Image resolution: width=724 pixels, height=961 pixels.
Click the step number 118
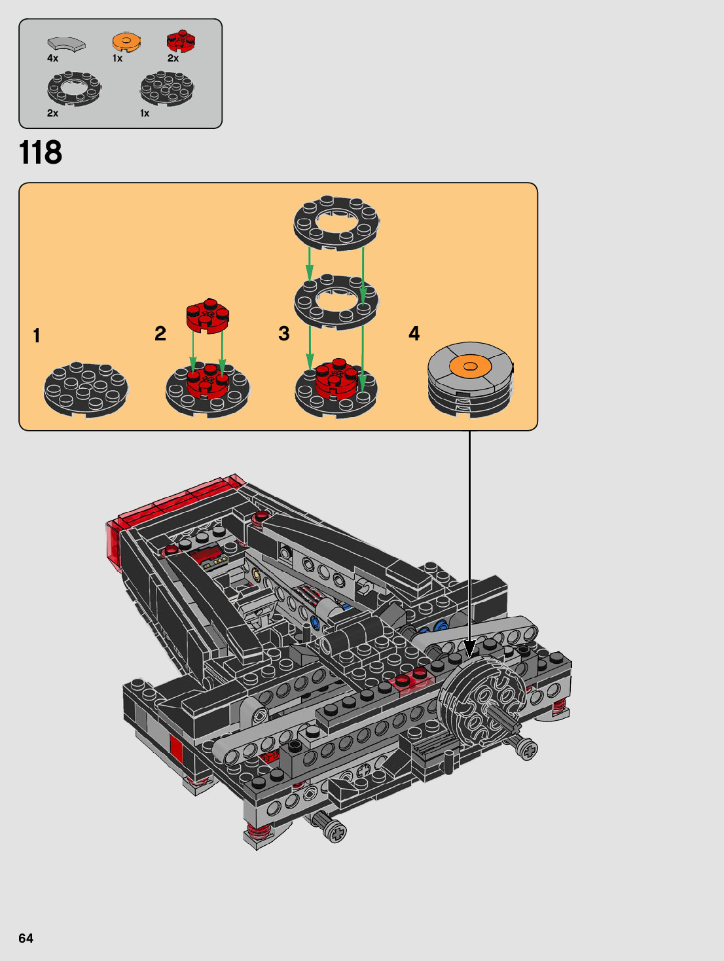[41, 153]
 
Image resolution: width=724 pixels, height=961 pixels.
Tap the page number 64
[26, 938]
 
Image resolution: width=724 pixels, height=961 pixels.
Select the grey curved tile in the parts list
[67, 45]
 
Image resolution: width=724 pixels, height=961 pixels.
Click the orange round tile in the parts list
[126, 42]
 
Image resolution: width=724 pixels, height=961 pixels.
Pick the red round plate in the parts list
[181, 41]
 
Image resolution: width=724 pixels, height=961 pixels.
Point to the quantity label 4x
[52, 58]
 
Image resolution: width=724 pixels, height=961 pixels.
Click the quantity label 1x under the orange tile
[117, 58]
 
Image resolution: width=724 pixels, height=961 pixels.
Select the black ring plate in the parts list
[74, 89]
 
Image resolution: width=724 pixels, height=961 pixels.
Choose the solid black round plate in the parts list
[167, 89]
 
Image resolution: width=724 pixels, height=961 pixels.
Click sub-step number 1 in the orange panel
[37, 336]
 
